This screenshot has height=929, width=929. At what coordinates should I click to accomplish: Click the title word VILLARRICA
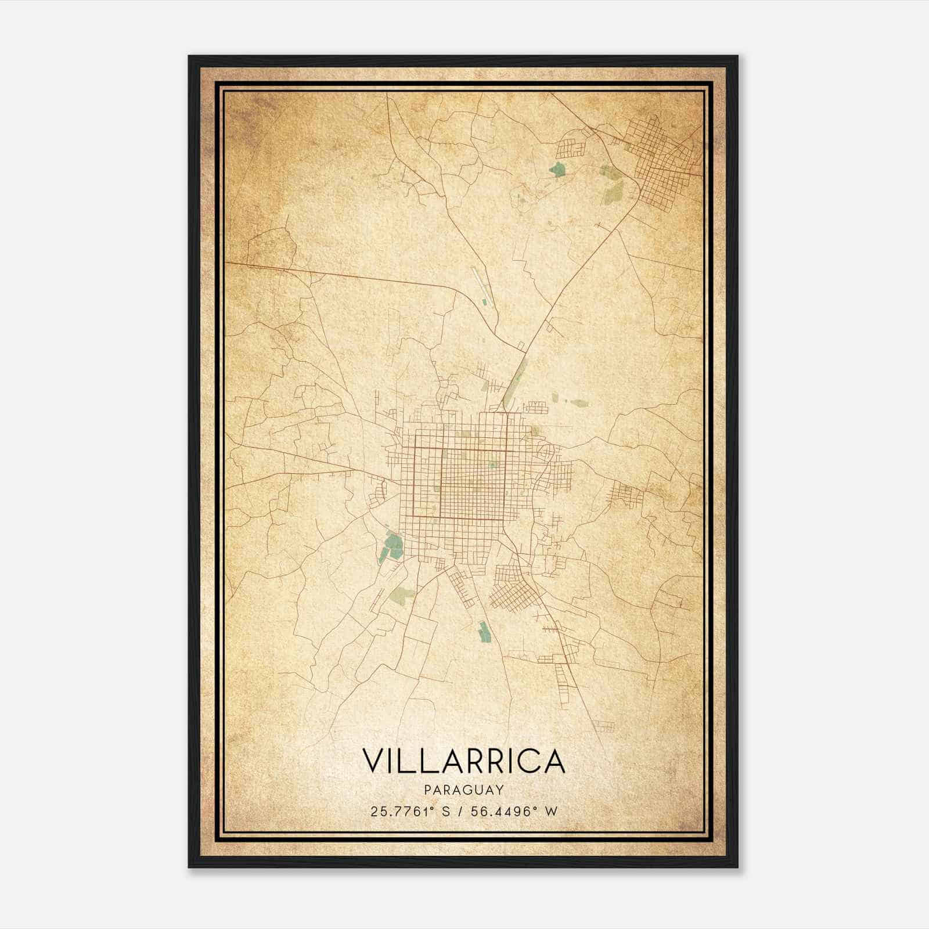point(463,761)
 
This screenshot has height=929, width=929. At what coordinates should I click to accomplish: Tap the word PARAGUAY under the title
point(463,790)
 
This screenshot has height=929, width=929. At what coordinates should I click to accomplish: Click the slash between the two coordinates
point(460,812)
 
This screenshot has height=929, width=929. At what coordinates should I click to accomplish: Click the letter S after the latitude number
point(446,812)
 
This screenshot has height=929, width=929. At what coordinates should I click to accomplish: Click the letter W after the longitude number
point(551,812)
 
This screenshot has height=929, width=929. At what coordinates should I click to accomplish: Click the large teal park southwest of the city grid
point(394,546)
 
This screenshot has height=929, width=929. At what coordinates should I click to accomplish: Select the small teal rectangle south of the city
point(483,632)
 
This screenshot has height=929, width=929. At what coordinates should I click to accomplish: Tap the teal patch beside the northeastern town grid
point(557,170)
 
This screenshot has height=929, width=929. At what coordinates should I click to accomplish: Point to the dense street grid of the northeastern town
point(662,157)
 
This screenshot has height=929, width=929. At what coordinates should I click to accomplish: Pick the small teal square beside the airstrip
point(485,301)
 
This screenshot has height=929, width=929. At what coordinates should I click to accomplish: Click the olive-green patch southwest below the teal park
point(403,593)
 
